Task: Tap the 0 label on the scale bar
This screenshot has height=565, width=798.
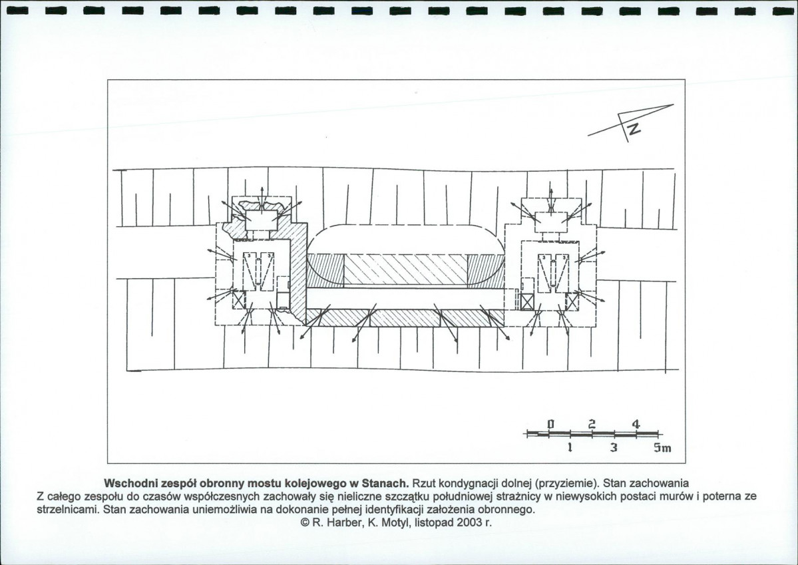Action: click(x=550, y=424)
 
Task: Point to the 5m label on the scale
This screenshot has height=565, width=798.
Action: click(x=663, y=448)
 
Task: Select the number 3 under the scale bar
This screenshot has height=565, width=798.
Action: click(x=614, y=448)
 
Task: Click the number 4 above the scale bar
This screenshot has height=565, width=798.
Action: click(x=636, y=424)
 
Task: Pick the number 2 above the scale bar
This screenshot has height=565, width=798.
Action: click(x=592, y=424)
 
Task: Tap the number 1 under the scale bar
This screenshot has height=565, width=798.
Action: click(x=570, y=448)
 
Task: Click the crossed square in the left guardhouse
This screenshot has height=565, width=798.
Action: click(x=239, y=299)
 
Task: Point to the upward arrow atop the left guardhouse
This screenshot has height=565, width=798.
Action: click(x=262, y=196)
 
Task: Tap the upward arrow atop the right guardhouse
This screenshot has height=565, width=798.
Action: click(x=550, y=196)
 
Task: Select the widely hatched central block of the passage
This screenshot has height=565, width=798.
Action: click(x=405, y=270)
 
